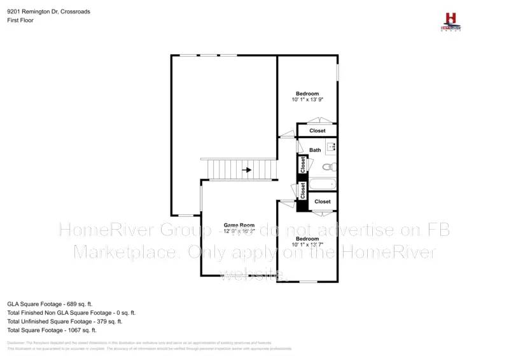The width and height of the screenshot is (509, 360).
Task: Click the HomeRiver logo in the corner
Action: coord(451,20)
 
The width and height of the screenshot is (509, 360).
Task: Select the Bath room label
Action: coord(315,150)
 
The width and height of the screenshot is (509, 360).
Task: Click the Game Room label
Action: coord(239,225)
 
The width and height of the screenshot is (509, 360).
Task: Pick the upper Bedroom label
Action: coord(307,93)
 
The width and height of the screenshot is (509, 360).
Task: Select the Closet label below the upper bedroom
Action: coord(317,131)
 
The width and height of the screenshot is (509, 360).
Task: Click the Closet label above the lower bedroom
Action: coord(323,202)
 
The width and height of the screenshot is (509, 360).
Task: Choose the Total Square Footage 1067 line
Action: coord(52,330)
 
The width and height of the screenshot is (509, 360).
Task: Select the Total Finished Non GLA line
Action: coord(71,313)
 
